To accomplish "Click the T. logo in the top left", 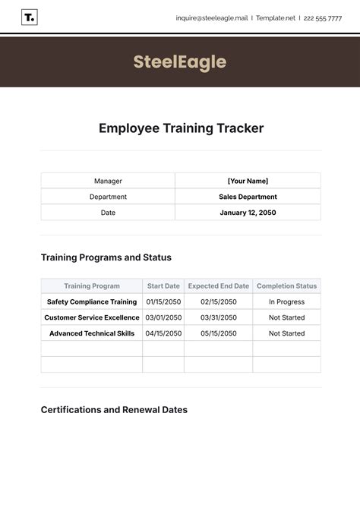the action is point(29,17).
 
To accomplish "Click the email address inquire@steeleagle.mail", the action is point(211,18).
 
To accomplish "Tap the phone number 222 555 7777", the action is point(323,18).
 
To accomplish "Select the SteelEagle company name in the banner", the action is point(180,62).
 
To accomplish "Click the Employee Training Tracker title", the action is point(181,128).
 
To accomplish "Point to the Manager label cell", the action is point(108,181).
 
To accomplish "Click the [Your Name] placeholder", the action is point(248,181).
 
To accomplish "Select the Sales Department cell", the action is point(248,197).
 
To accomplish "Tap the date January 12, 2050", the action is point(248,213).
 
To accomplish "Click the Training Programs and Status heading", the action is point(106,257).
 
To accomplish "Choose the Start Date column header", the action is point(163,286).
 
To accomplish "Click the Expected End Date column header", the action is point(218,286).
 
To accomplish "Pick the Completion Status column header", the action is point(286,286).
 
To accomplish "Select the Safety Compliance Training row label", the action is point(92,301).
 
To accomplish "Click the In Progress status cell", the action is point(286,301).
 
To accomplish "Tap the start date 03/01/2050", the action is point(163,317).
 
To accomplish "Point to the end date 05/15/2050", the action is point(218,333).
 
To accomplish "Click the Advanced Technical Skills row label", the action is point(92,333).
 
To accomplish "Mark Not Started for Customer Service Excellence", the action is point(286,317).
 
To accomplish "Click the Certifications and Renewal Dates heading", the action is point(114,410).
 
